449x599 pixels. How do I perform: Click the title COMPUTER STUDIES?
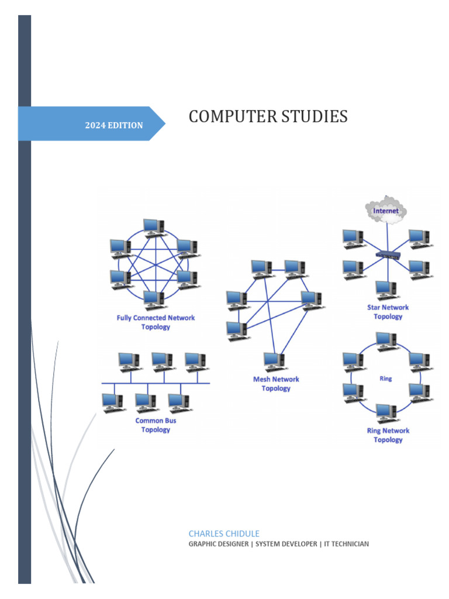click(268, 117)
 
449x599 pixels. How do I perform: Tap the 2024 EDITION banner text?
click(114, 125)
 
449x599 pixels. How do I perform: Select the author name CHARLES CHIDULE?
click(224, 533)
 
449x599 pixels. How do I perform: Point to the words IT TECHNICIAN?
click(346, 544)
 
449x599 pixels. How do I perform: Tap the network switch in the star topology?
click(387, 254)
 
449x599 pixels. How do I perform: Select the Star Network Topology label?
click(388, 312)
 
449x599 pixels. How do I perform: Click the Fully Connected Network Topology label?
click(156, 322)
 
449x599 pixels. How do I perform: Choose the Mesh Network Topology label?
click(276, 384)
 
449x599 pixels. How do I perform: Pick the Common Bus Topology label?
click(156, 425)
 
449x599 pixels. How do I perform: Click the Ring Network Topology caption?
click(388, 435)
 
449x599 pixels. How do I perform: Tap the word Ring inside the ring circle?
click(386, 378)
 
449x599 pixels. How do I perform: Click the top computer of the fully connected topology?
click(154, 227)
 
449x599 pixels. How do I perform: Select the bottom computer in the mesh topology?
click(273, 361)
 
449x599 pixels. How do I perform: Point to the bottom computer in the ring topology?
click(386, 412)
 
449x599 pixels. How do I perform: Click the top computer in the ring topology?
click(386, 340)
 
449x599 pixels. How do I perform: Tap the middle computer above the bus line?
click(161, 361)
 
